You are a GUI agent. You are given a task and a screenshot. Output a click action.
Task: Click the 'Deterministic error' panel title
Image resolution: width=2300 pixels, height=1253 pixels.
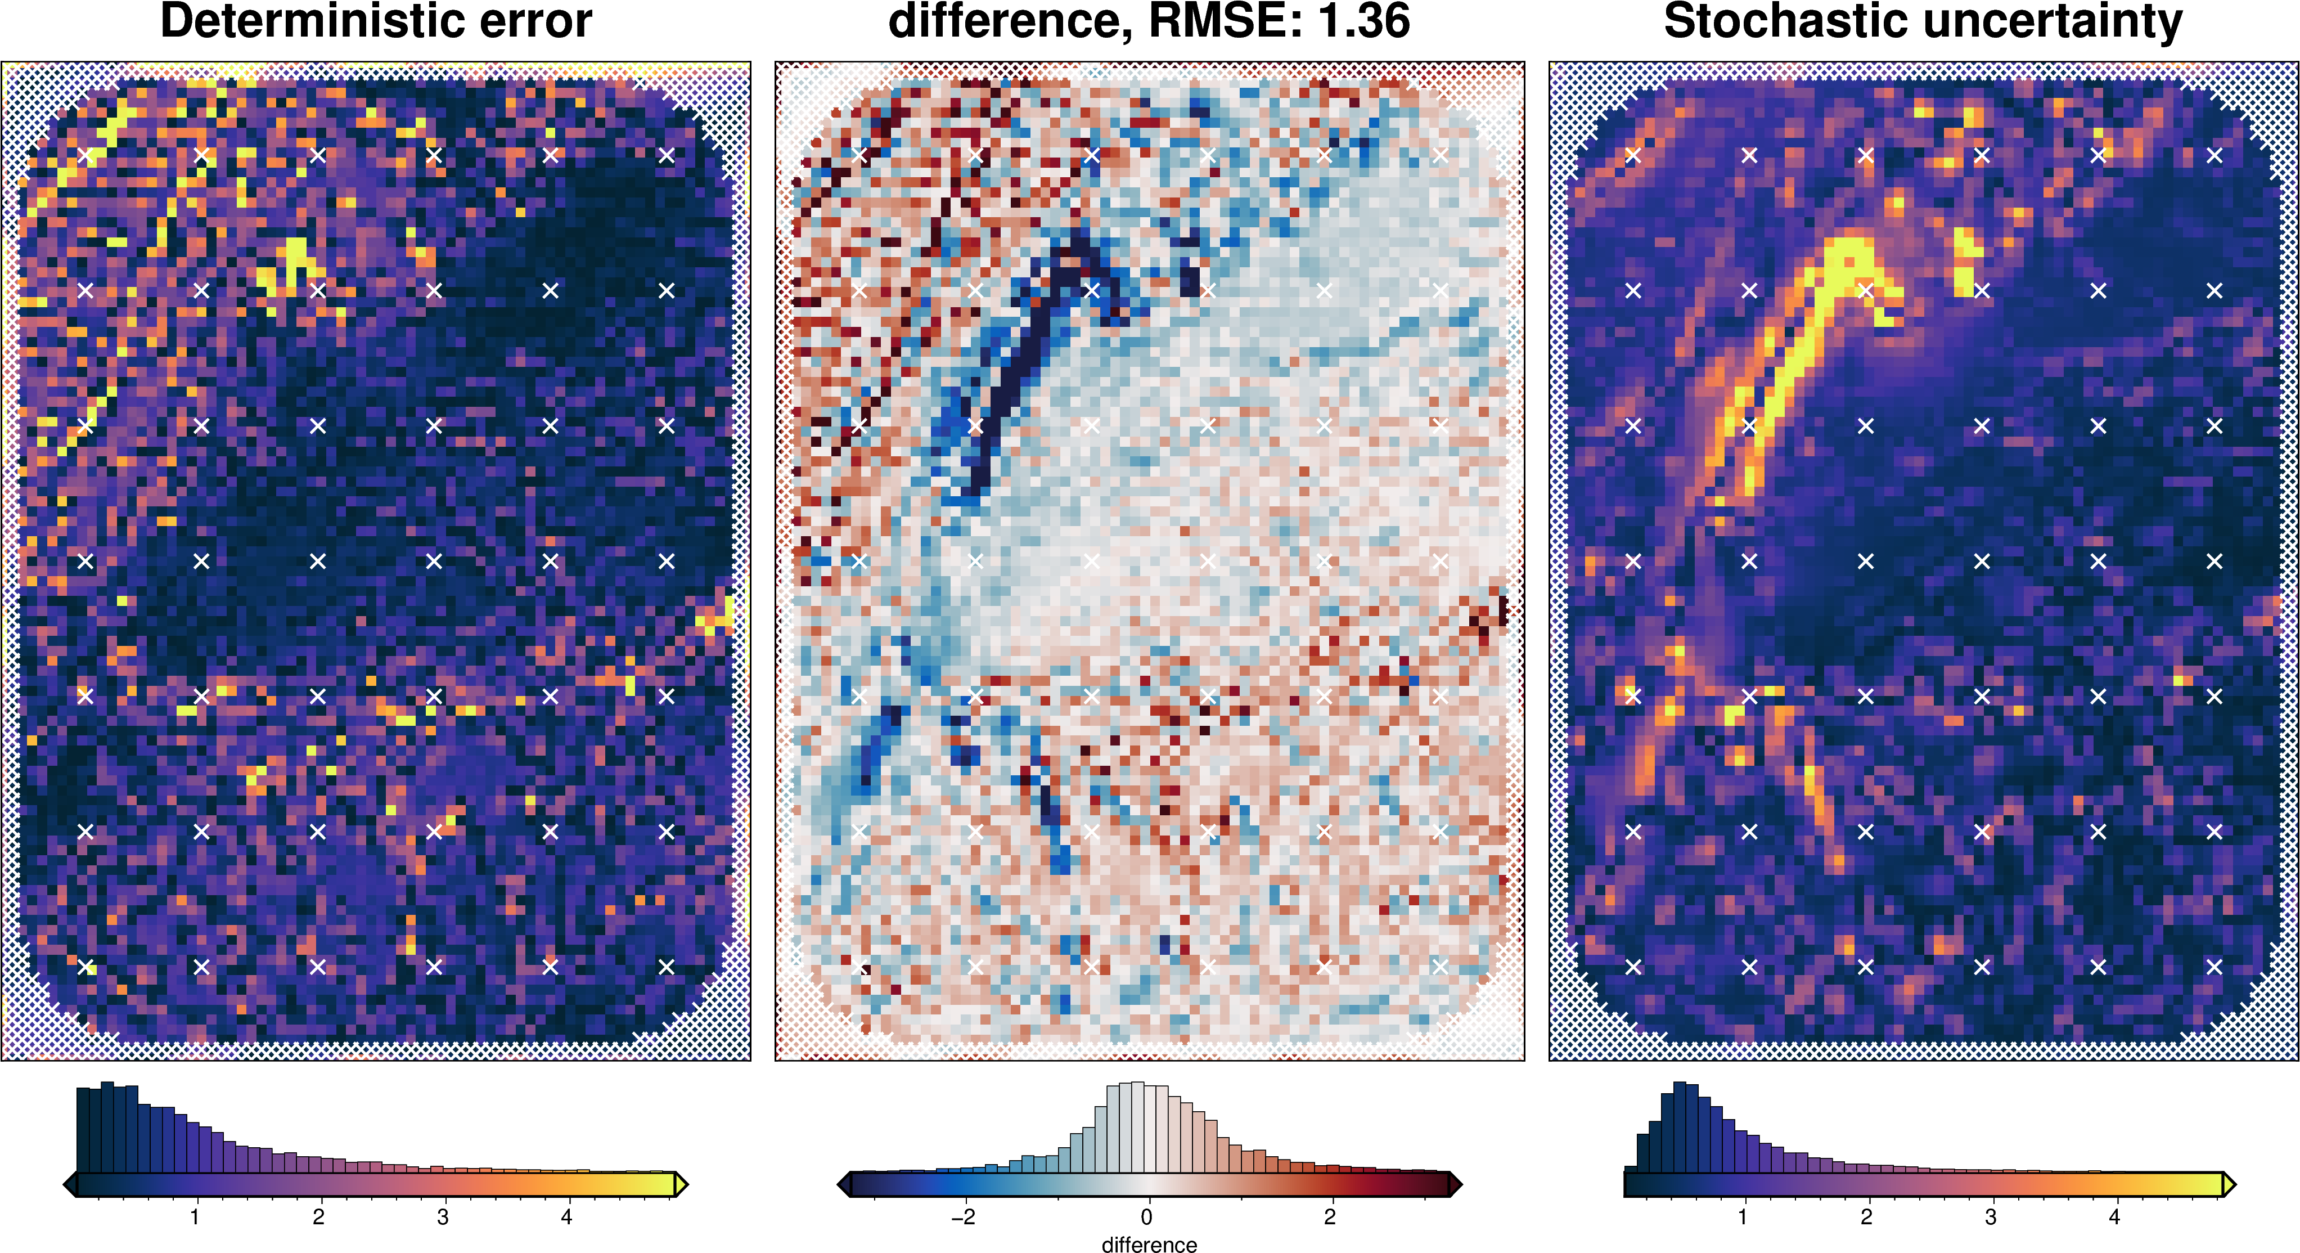[x=375, y=21]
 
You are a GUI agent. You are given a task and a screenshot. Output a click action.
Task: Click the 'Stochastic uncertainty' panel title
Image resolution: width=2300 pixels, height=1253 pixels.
[x=1923, y=21]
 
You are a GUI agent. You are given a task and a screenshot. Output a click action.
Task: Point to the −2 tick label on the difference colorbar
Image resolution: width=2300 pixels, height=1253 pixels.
[x=962, y=1216]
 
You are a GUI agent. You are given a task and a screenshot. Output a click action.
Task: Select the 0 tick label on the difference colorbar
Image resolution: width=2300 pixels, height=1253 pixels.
[x=1146, y=1216]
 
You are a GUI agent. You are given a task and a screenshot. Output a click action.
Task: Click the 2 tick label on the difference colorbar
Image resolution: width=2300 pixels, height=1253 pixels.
[x=1330, y=1216]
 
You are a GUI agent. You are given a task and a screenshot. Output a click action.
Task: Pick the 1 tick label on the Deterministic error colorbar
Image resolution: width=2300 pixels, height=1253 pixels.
[x=195, y=1216]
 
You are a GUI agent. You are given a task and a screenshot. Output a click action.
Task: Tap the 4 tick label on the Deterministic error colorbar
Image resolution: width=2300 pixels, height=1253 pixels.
[x=566, y=1216]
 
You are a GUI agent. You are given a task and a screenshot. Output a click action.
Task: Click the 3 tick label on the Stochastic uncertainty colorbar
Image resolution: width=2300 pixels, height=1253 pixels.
[x=1990, y=1216]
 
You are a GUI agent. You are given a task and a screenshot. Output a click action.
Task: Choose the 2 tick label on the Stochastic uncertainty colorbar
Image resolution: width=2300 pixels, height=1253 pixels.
[x=1866, y=1216]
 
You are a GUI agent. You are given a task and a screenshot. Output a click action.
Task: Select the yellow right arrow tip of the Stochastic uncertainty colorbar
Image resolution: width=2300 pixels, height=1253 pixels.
[x=2229, y=1184]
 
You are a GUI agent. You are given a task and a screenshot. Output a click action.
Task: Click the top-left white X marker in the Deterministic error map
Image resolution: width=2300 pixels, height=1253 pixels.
[x=85, y=155]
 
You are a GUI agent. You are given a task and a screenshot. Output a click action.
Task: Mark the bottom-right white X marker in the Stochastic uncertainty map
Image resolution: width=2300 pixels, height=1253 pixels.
[x=2213, y=966]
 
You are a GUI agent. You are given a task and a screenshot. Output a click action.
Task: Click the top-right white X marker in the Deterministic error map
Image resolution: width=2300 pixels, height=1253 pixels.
[x=666, y=155]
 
